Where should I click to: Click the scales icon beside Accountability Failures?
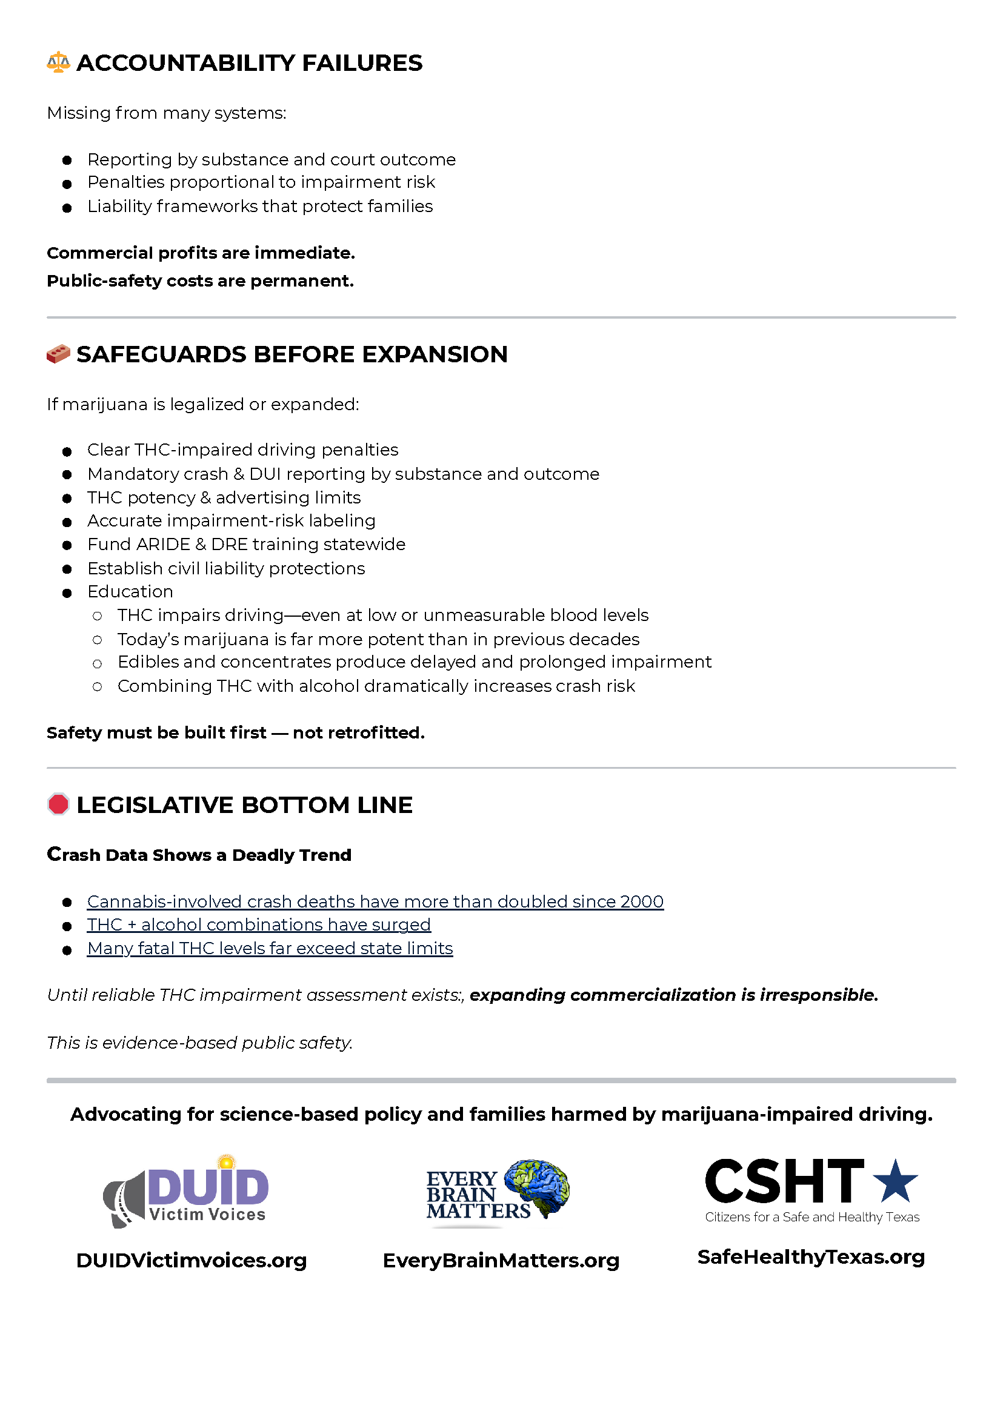point(58,62)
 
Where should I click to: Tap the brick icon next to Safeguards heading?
point(58,354)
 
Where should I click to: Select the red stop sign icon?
point(58,804)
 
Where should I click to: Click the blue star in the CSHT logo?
point(895,1181)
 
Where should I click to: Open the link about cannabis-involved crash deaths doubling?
point(375,901)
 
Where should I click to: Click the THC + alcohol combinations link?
point(259,924)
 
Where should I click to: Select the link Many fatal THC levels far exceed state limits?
point(270,948)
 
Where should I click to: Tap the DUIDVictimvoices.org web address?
point(192,1260)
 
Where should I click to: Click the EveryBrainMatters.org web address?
point(501,1260)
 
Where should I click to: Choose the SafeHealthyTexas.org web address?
point(811,1256)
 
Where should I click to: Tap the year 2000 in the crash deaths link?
point(642,901)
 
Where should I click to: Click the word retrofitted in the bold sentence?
point(358,732)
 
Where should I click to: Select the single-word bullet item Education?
point(130,591)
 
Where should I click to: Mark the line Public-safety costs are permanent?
point(200,281)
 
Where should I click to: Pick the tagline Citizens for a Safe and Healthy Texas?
point(812,1217)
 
